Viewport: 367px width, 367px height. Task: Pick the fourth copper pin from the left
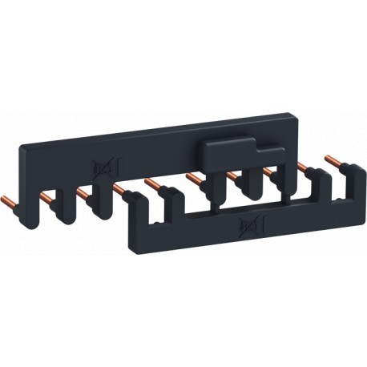click(x=119, y=189)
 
